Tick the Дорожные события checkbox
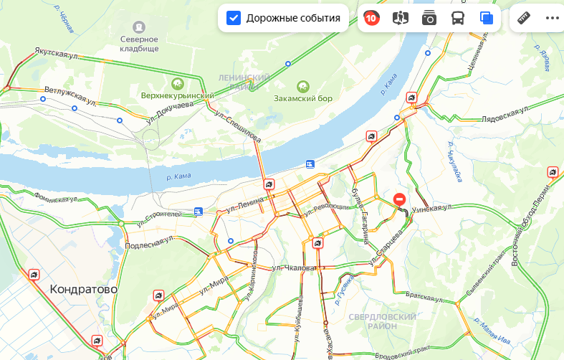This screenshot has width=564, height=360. coord(234,18)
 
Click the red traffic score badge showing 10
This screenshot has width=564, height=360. coord(371,19)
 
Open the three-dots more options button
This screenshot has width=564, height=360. coord(552,18)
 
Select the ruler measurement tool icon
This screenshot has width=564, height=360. coord(524,18)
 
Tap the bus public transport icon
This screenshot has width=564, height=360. coord(457,19)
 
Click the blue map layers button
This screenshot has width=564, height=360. coord(487,19)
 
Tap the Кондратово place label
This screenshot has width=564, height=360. coord(83,289)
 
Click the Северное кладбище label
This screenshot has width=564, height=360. coord(139,44)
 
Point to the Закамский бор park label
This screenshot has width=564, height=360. coord(305,98)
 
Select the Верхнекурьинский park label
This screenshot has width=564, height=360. coord(177,96)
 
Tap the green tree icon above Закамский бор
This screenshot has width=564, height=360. coord(302,85)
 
